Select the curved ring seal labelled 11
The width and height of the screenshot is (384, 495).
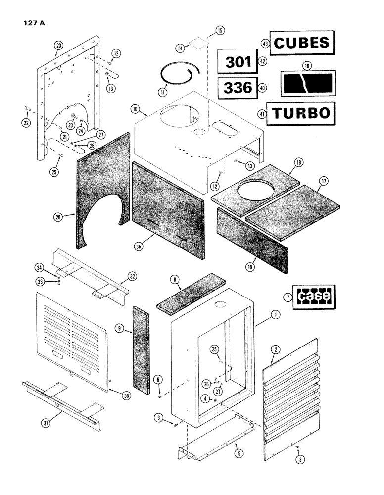[x=177, y=78]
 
